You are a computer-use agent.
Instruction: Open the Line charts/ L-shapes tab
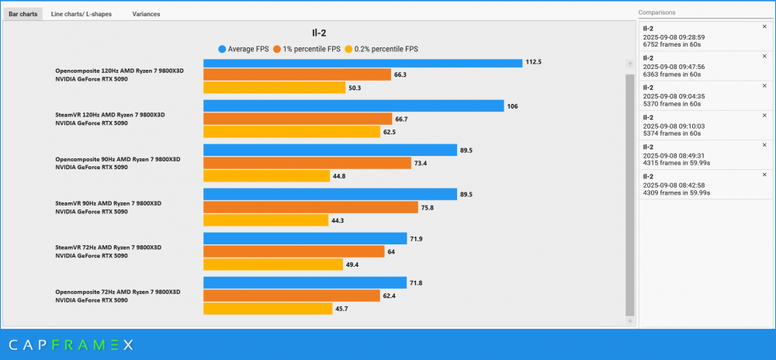pyautogui.click(x=80, y=14)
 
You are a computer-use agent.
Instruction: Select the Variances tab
pyautogui.click(x=146, y=14)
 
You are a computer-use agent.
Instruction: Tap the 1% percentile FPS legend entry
pyautogui.click(x=308, y=48)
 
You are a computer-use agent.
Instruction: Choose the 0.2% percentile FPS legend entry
pyautogui.click(x=380, y=48)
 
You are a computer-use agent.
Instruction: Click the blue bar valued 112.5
pyautogui.click(x=362, y=62)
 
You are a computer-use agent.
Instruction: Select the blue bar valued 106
pyautogui.click(x=353, y=106)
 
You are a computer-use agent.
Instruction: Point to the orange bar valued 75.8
pyautogui.click(x=310, y=207)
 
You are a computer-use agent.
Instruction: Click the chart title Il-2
pyautogui.click(x=318, y=33)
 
